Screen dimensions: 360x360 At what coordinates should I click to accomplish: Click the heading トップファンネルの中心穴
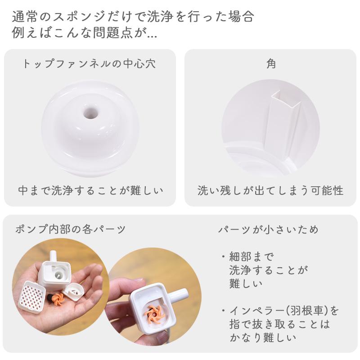click(89, 64)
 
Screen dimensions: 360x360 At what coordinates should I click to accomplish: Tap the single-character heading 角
click(271, 64)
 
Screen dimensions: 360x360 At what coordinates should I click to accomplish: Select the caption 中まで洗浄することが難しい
click(90, 190)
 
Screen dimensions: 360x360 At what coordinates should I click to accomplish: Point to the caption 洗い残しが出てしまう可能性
click(270, 190)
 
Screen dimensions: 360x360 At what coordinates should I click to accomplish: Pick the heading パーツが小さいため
click(269, 229)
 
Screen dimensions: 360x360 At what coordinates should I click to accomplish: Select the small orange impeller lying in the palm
click(57, 299)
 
